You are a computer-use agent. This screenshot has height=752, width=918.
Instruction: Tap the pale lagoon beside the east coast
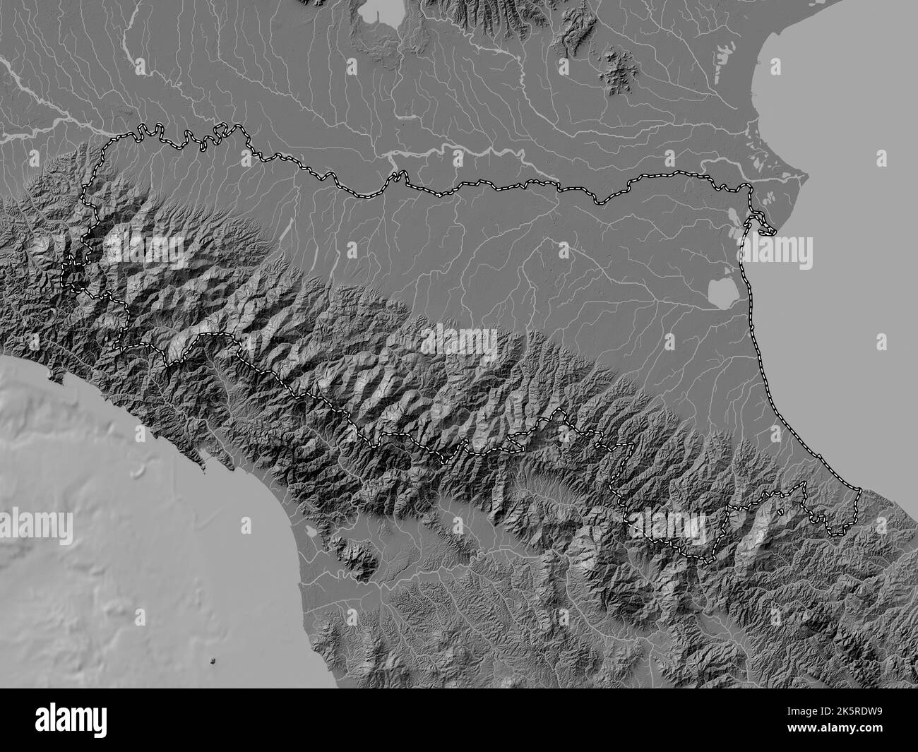point(721,290)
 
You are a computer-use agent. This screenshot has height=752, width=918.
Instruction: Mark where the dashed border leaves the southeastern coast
point(859,489)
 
